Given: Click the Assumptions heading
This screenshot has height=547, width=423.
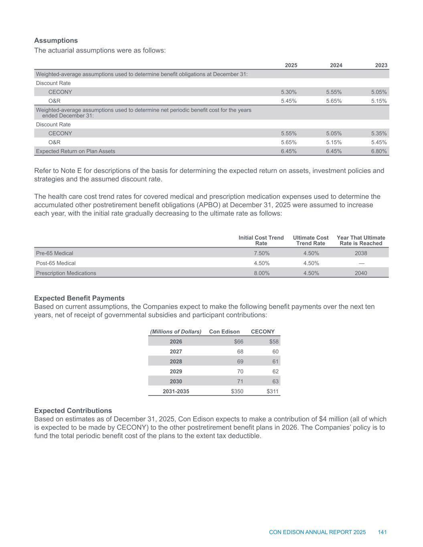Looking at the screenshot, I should (x=56, y=40).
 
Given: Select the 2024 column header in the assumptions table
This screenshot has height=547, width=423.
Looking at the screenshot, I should (x=336, y=65).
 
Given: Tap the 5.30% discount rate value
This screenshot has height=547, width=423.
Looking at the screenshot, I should (x=289, y=92).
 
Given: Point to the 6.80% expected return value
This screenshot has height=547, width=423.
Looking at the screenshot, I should (x=379, y=151).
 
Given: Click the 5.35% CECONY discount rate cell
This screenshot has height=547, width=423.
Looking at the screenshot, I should (x=379, y=133).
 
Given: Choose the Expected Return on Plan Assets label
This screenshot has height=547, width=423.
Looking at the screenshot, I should (x=75, y=151).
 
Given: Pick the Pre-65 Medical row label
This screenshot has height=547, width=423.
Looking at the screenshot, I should (x=55, y=253).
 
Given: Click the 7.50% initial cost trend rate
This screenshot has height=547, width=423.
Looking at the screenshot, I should (x=262, y=253).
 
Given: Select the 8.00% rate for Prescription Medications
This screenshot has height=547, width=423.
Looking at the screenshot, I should (x=262, y=273).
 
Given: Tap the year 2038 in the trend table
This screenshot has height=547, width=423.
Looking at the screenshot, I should (x=361, y=253).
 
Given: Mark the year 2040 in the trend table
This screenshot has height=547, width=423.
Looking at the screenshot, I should (x=361, y=273).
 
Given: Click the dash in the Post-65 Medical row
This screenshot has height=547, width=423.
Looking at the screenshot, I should (x=361, y=263).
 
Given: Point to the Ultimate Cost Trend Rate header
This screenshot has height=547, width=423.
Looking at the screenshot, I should (x=311, y=240).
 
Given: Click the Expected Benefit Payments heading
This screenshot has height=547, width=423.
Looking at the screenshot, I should (x=79, y=298).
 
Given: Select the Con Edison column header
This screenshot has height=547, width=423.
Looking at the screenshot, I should (x=225, y=331).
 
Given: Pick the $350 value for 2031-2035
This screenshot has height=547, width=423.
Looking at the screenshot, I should (x=237, y=392).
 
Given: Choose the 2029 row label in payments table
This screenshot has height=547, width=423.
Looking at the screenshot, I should (x=176, y=371).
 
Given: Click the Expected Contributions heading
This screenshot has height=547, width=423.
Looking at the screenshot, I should (x=73, y=411).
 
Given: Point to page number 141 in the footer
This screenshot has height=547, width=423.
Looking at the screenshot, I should (x=382, y=532).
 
